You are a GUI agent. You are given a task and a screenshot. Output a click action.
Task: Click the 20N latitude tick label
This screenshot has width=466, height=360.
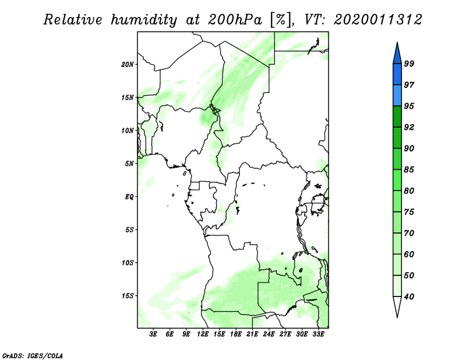click(127, 64)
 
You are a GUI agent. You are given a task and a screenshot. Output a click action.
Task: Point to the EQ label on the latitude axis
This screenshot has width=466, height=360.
click(129, 196)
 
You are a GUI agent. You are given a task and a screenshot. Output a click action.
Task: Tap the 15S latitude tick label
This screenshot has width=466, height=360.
click(128, 296)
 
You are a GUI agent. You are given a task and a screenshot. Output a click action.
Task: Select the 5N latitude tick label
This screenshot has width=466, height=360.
click(129, 164)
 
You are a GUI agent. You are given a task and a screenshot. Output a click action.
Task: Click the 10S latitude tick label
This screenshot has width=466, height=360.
click(128, 263)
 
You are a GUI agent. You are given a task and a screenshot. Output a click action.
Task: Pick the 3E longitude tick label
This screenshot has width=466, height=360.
click(153, 334)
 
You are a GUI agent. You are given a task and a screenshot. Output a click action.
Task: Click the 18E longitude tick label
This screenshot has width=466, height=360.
click(236, 334)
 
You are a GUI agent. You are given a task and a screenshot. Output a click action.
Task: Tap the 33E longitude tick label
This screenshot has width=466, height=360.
click(318, 334)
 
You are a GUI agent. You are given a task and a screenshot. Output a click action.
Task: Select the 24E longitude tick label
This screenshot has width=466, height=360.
click(269, 334)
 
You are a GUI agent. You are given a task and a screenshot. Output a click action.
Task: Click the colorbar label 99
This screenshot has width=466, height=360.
click(409, 63)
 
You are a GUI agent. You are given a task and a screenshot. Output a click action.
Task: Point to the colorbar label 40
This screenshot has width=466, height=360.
click(409, 297)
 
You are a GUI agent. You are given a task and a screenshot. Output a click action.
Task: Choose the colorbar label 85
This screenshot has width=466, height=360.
click(409, 170)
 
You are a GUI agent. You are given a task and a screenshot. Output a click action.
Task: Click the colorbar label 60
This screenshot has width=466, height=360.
click(409, 254)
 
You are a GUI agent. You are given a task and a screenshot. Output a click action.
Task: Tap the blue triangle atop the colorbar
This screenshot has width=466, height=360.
click(397, 54)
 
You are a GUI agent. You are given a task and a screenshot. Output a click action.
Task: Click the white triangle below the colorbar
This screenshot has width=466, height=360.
click(397, 306)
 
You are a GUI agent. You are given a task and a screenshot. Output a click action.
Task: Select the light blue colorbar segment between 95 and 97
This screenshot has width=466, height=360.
click(397, 96)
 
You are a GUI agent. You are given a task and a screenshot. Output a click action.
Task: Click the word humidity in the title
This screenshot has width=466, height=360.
click(144, 20)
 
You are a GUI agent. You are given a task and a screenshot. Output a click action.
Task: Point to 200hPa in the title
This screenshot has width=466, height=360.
click(235, 20)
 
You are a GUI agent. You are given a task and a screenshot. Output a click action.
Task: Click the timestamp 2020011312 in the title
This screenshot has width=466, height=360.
click(377, 20)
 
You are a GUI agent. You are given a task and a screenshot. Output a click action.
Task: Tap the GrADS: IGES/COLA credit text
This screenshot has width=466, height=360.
click(33, 356)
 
